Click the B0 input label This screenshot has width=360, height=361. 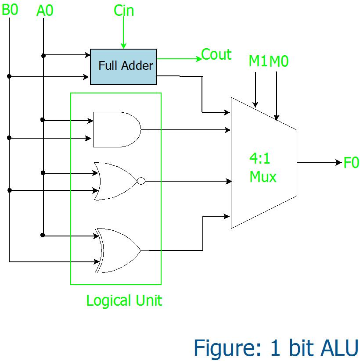click(x=10, y=10)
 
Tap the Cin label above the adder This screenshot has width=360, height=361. click(x=123, y=11)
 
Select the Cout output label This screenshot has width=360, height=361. click(x=216, y=55)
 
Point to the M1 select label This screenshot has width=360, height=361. click(x=258, y=61)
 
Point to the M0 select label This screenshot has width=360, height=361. click(x=279, y=61)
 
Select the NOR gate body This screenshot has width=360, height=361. click(x=115, y=181)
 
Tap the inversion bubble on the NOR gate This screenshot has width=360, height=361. click(x=140, y=181)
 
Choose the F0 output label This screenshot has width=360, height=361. click(x=351, y=163)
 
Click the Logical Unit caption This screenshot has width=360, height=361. click(x=124, y=301)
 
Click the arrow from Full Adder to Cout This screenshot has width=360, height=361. click(x=178, y=58)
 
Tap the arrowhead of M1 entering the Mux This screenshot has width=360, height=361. click(x=255, y=104)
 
